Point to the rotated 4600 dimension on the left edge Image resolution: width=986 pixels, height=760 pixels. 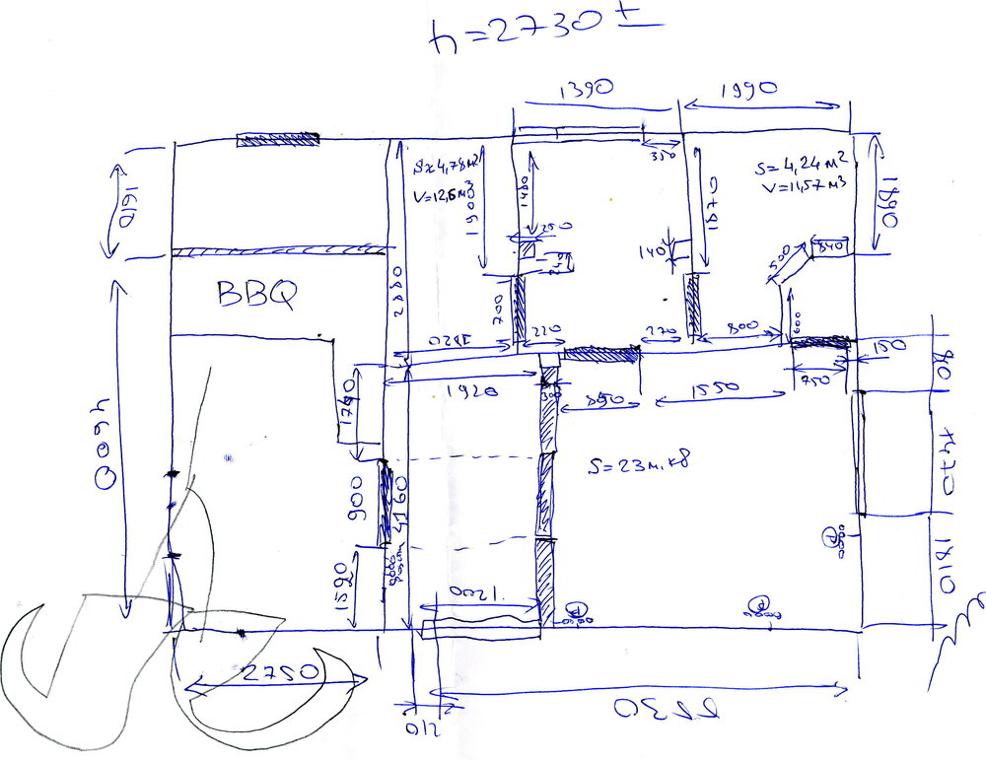(x=106, y=444)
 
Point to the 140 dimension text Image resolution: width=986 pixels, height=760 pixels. (x=653, y=252)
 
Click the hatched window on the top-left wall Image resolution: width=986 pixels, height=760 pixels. (x=279, y=140)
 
